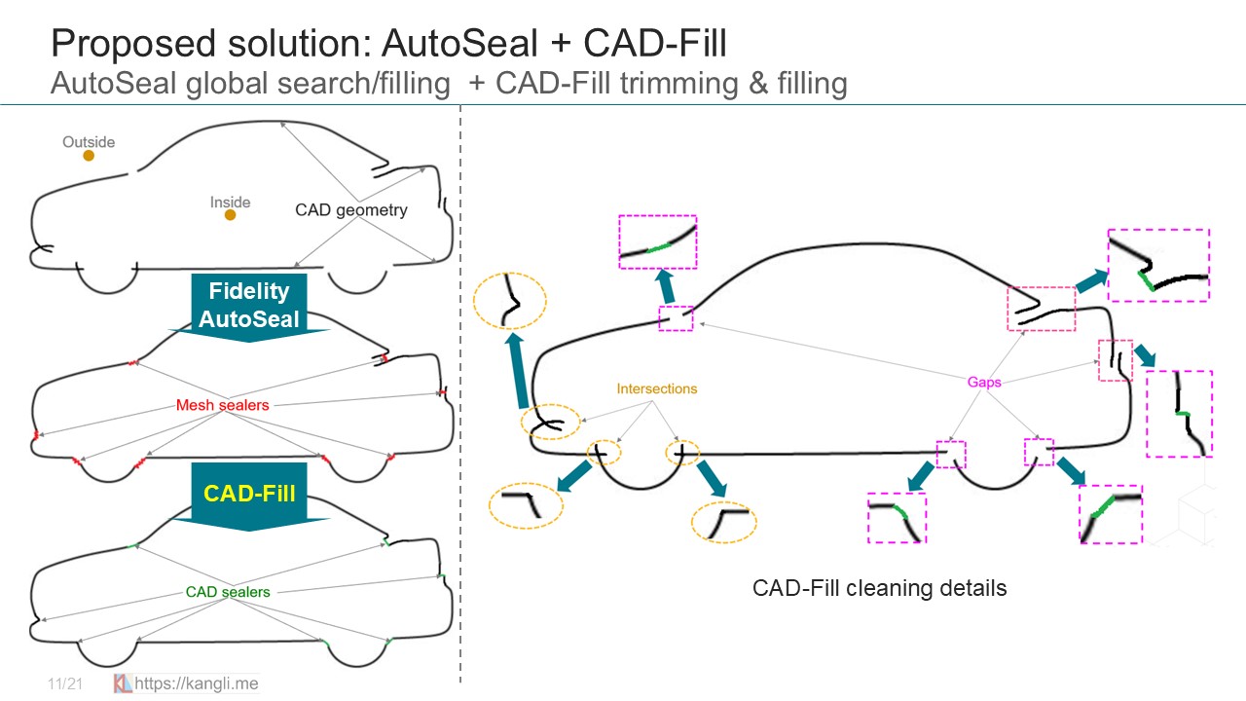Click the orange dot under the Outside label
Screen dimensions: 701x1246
coord(89,155)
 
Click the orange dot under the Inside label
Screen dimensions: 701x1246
coord(230,215)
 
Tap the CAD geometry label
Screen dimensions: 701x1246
coord(350,209)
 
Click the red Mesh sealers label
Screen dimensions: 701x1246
coord(223,405)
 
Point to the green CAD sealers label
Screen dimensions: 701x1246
coord(228,592)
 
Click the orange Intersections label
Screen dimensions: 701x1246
coord(657,388)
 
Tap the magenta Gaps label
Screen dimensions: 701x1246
coord(984,383)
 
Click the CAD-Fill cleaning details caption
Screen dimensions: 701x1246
coord(879,588)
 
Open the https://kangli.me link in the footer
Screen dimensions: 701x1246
coord(196,683)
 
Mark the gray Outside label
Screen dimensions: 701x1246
coord(89,142)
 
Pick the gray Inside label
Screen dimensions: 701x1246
coord(230,203)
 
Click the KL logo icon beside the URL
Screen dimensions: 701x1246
coord(123,683)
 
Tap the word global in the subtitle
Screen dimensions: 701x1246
coord(216,84)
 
